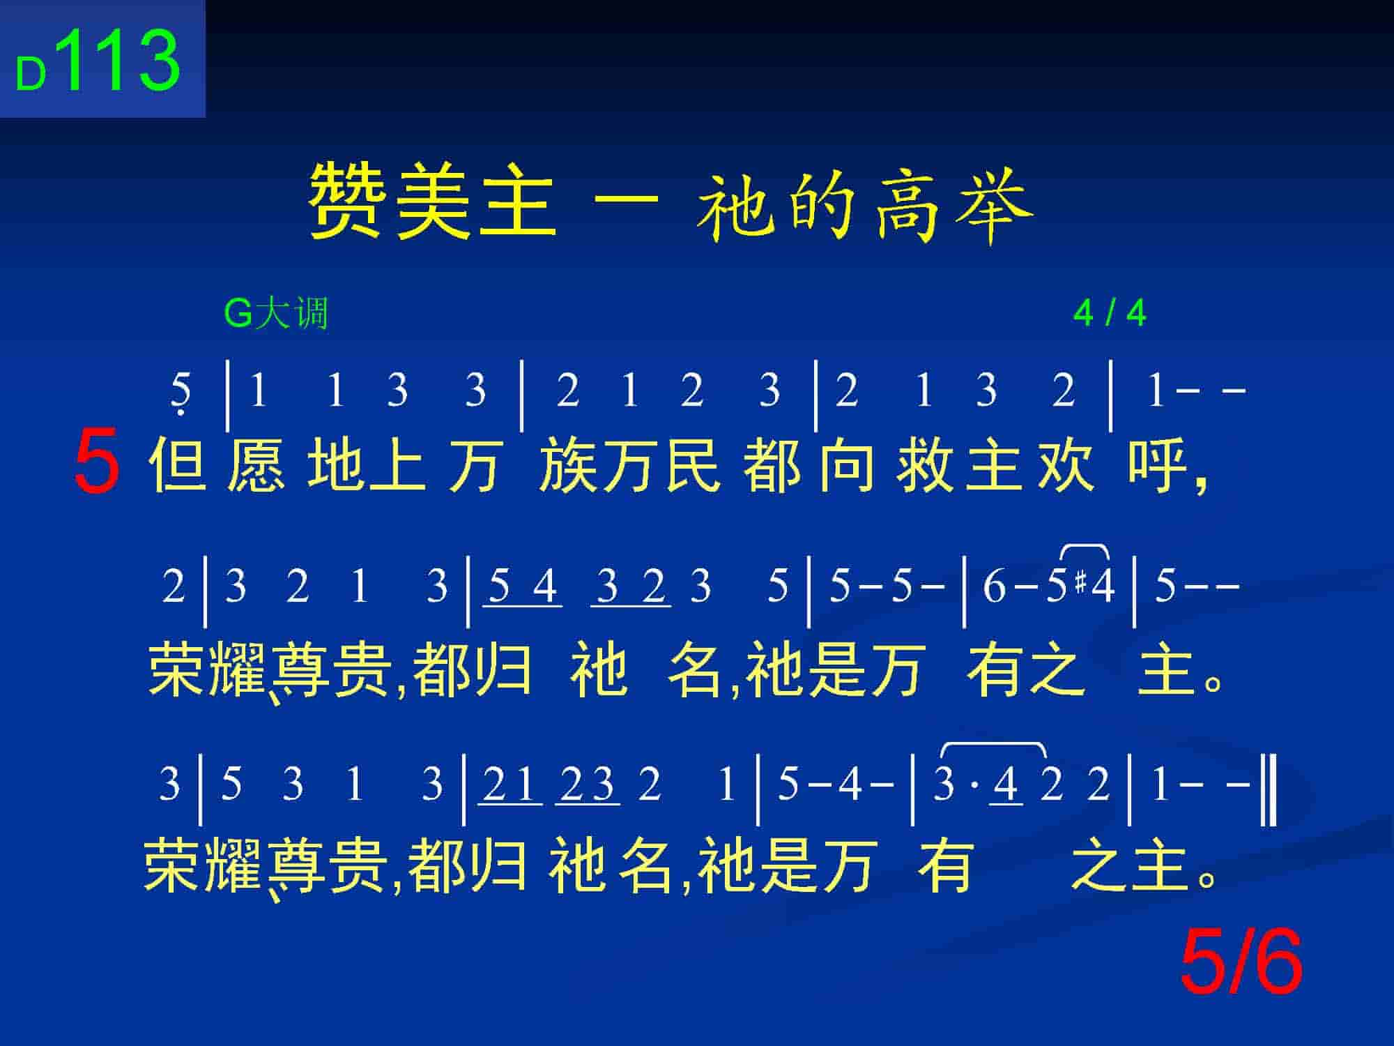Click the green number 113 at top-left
pyautogui.click(x=121, y=61)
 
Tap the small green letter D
pyautogui.click(x=31, y=74)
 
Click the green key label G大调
pyautogui.click(x=276, y=313)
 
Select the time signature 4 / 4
pyautogui.click(x=1110, y=313)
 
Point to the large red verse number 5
pyautogui.click(x=97, y=462)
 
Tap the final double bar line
pyautogui.click(x=1270, y=784)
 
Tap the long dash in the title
pyautogui.click(x=625, y=199)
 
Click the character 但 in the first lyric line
pyautogui.click(x=177, y=463)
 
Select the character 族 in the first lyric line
pyautogui.click(x=567, y=463)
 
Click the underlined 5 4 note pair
pyautogui.click(x=523, y=587)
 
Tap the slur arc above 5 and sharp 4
pyautogui.click(x=1085, y=546)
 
